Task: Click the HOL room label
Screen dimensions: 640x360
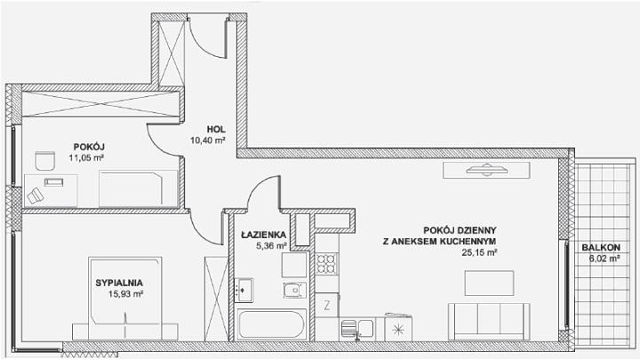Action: tap(216, 130)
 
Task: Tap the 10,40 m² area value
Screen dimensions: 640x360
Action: tap(208, 140)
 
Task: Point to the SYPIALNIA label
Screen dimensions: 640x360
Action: tap(119, 283)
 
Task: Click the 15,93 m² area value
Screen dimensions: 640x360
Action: tap(125, 293)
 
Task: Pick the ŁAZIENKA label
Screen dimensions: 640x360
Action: tap(263, 235)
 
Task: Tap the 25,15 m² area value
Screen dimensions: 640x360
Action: tap(479, 252)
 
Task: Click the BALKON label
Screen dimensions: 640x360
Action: tap(601, 247)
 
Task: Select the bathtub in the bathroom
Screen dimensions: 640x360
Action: tap(271, 324)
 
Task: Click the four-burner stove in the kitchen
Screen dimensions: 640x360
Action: tap(326, 263)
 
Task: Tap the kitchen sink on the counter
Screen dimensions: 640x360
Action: tap(357, 328)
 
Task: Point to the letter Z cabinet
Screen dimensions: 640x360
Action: tap(326, 305)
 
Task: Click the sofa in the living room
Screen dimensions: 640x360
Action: tap(489, 322)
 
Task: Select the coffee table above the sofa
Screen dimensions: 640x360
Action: tap(489, 283)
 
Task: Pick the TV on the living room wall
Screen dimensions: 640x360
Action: tap(486, 170)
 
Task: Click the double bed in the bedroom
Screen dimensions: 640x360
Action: tap(125, 299)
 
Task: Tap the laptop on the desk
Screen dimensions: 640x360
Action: tap(54, 182)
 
